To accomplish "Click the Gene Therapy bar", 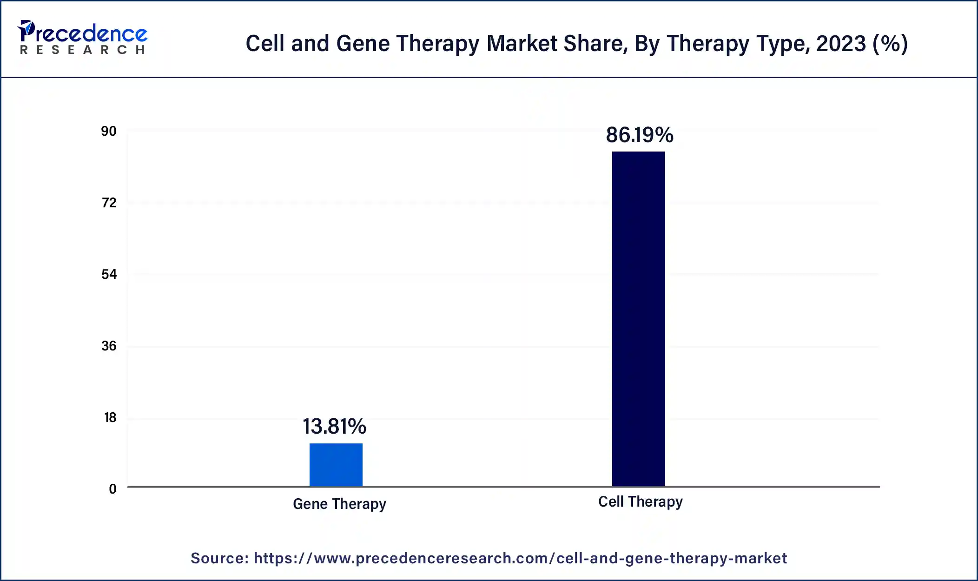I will tap(336, 464).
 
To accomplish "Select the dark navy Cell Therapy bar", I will tap(638, 318).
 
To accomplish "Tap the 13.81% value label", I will tap(334, 426).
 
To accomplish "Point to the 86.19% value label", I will tap(639, 135).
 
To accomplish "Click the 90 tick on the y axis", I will tap(109, 132).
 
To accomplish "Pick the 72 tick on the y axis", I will tap(109, 203).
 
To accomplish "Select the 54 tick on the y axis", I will tap(109, 275).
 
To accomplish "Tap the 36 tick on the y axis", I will tap(109, 346).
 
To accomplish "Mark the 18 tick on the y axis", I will tap(110, 418).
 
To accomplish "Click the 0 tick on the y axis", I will tap(112, 489).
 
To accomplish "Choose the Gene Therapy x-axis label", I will tap(339, 504).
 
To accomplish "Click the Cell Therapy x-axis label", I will tap(640, 502).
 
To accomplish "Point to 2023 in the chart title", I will tap(841, 44).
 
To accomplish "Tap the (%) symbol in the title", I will tap(890, 44).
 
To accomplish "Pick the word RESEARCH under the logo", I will tap(83, 50).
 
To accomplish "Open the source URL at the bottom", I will tap(520, 558).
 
